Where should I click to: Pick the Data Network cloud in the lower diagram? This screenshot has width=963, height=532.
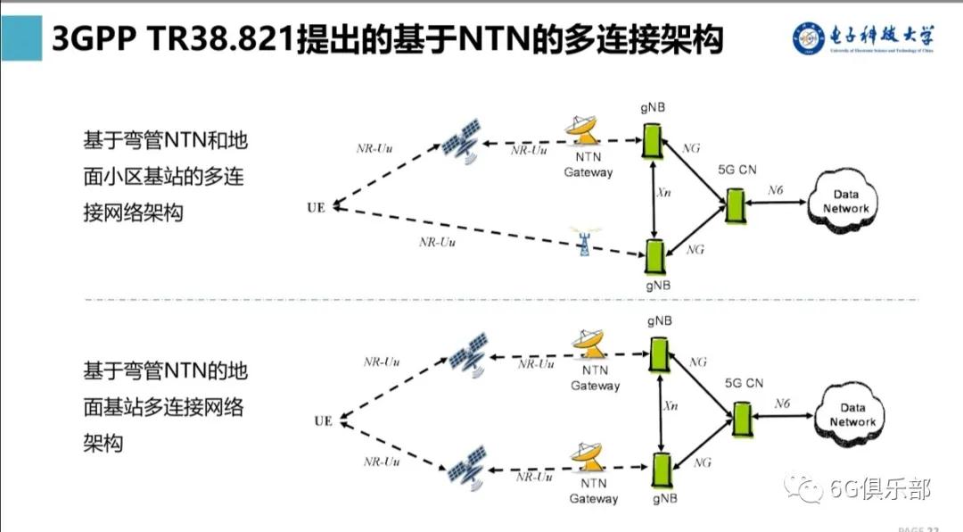click(852, 416)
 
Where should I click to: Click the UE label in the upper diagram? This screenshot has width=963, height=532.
click(315, 208)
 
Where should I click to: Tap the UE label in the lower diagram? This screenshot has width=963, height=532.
click(323, 420)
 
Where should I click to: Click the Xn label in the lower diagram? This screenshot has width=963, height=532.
click(670, 406)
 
